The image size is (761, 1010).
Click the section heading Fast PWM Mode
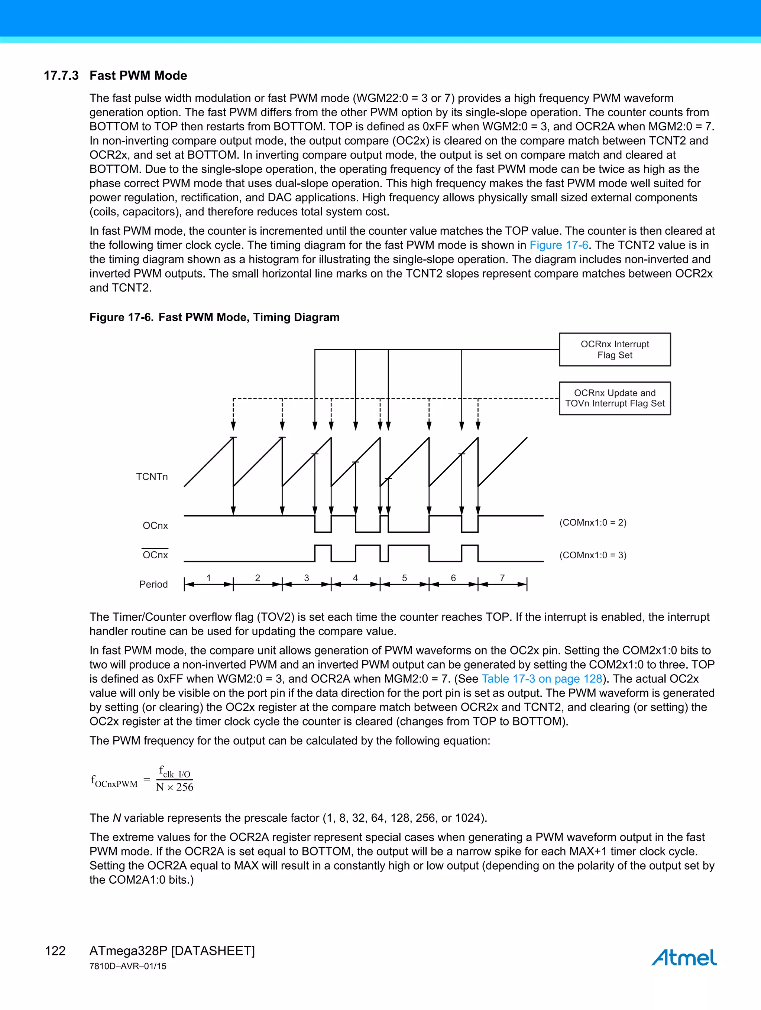pos(138,75)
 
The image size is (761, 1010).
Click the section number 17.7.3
pos(61,75)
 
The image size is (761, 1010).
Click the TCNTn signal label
pos(152,477)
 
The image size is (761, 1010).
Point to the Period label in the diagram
pos(153,584)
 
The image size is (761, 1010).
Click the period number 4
pos(355,578)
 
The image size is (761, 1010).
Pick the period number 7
pos(502,578)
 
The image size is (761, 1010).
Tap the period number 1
pos(208,578)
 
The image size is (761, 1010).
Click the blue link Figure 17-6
pos(558,245)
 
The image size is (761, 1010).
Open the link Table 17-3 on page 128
pos(542,679)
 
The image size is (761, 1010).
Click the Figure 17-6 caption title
pos(214,317)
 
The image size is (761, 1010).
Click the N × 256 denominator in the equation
pos(175,787)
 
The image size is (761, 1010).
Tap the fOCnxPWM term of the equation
pos(114,781)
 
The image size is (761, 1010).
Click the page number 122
pos(55,951)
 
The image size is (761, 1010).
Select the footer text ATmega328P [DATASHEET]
pos(172,951)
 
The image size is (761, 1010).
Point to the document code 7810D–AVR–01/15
pos(127,966)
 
